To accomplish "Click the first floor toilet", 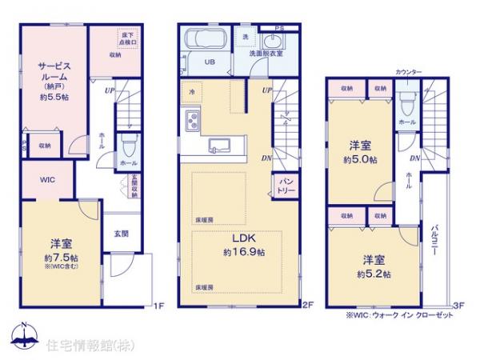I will point(128,145).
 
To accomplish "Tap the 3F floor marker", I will point(458,305).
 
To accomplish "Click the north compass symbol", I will point(25,335).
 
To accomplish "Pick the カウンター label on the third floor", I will point(408,72).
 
